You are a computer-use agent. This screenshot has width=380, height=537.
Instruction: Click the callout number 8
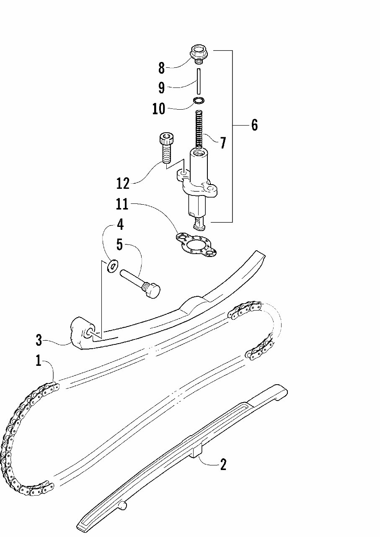[x=162, y=68]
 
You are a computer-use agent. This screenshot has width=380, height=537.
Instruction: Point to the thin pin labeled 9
[x=198, y=82]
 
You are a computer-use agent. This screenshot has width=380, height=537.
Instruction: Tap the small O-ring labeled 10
[x=199, y=100]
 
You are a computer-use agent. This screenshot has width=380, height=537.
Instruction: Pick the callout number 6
[x=254, y=125]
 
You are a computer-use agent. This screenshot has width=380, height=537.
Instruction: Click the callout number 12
[x=123, y=183]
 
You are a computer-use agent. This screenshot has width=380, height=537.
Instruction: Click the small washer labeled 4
[x=112, y=265]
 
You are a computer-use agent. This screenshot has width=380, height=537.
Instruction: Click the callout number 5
[x=120, y=245]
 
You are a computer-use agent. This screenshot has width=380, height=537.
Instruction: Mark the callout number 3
[x=39, y=340]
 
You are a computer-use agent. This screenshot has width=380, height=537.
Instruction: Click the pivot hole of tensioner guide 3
[x=89, y=333]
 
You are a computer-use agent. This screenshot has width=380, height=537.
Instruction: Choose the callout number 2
[x=223, y=464]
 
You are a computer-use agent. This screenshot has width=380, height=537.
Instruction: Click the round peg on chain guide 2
[x=122, y=506]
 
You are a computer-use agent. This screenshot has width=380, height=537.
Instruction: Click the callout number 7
[x=222, y=143]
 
